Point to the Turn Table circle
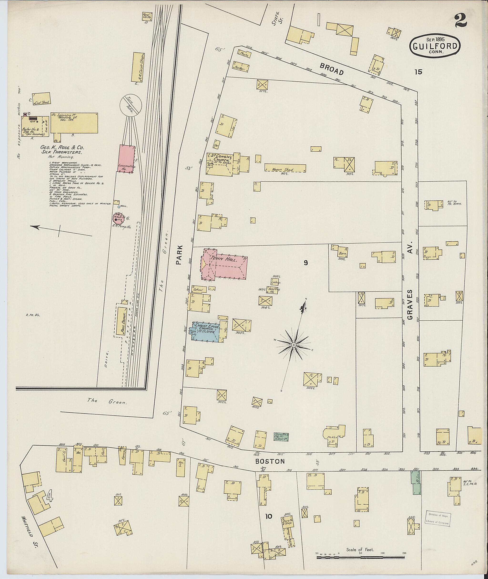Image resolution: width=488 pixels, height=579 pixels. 131,105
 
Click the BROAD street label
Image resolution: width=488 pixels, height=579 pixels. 332,69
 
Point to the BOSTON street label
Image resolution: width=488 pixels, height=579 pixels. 270,461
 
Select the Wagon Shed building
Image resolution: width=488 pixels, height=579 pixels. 285,168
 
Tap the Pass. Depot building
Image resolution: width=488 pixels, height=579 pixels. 121,321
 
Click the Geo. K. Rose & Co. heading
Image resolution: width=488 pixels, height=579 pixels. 62,150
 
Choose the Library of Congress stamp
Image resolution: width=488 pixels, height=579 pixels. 438,518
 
